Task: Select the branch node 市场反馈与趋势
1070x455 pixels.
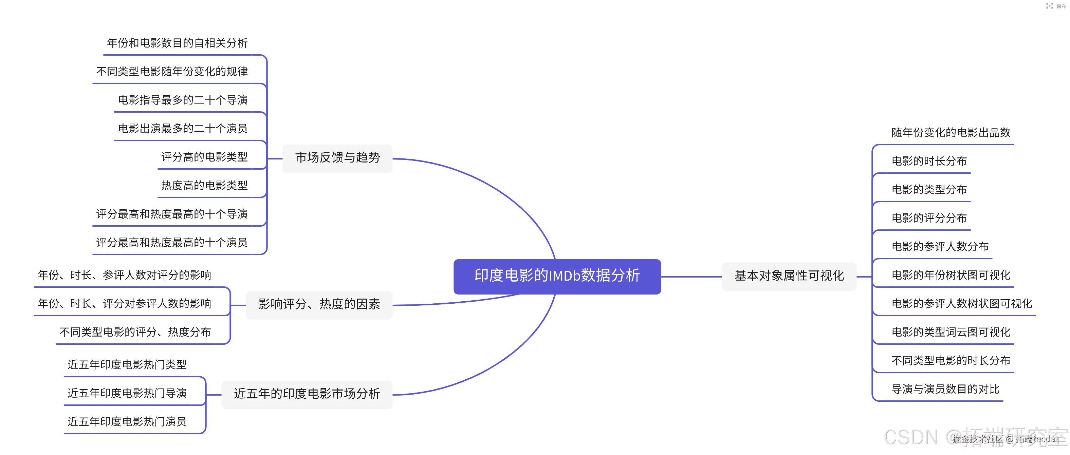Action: tap(337, 158)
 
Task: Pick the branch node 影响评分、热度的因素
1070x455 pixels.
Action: tap(319, 304)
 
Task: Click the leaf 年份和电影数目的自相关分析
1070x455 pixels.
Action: tap(177, 43)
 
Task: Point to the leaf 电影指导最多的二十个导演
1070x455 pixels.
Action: tap(183, 100)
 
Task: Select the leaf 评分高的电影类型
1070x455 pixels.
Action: tap(204, 157)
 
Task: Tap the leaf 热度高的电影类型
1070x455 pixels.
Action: tap(204, 186)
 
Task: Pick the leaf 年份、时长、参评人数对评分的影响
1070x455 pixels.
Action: tap(124, 275)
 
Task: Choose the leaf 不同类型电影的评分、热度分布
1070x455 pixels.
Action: tap(135, 332)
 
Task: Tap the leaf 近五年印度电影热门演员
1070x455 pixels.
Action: tap(127, 422)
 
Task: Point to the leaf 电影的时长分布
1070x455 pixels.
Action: tap(929, 161)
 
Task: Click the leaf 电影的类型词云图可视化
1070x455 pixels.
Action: tap(951, 332)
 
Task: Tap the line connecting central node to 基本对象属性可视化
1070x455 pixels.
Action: tap(691, 277)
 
